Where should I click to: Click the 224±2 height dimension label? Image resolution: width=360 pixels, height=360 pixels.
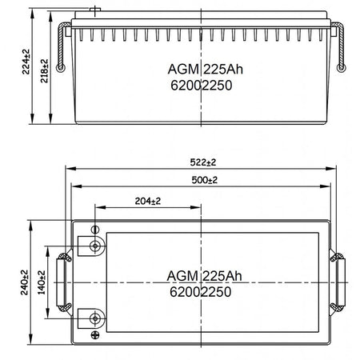(x=26, y=62)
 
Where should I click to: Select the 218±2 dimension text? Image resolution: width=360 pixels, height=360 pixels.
(x=44, y=71)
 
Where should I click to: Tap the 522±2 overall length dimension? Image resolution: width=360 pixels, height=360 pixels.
(x=203, y=162)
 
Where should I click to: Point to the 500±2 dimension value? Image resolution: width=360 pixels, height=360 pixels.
(x=205, y=180)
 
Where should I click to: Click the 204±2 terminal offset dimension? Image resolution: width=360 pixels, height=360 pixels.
(x=148, y=201)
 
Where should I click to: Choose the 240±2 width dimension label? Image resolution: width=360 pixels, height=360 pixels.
(x=24, y=282)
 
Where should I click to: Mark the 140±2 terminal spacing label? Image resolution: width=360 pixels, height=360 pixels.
(x=42, y=282)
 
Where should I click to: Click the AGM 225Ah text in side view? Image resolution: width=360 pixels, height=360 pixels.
(x=206, y=70)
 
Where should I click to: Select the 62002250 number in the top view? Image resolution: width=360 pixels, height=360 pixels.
(x=201, y=292)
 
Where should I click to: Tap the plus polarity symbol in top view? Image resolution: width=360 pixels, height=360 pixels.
(x=95, y=335)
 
